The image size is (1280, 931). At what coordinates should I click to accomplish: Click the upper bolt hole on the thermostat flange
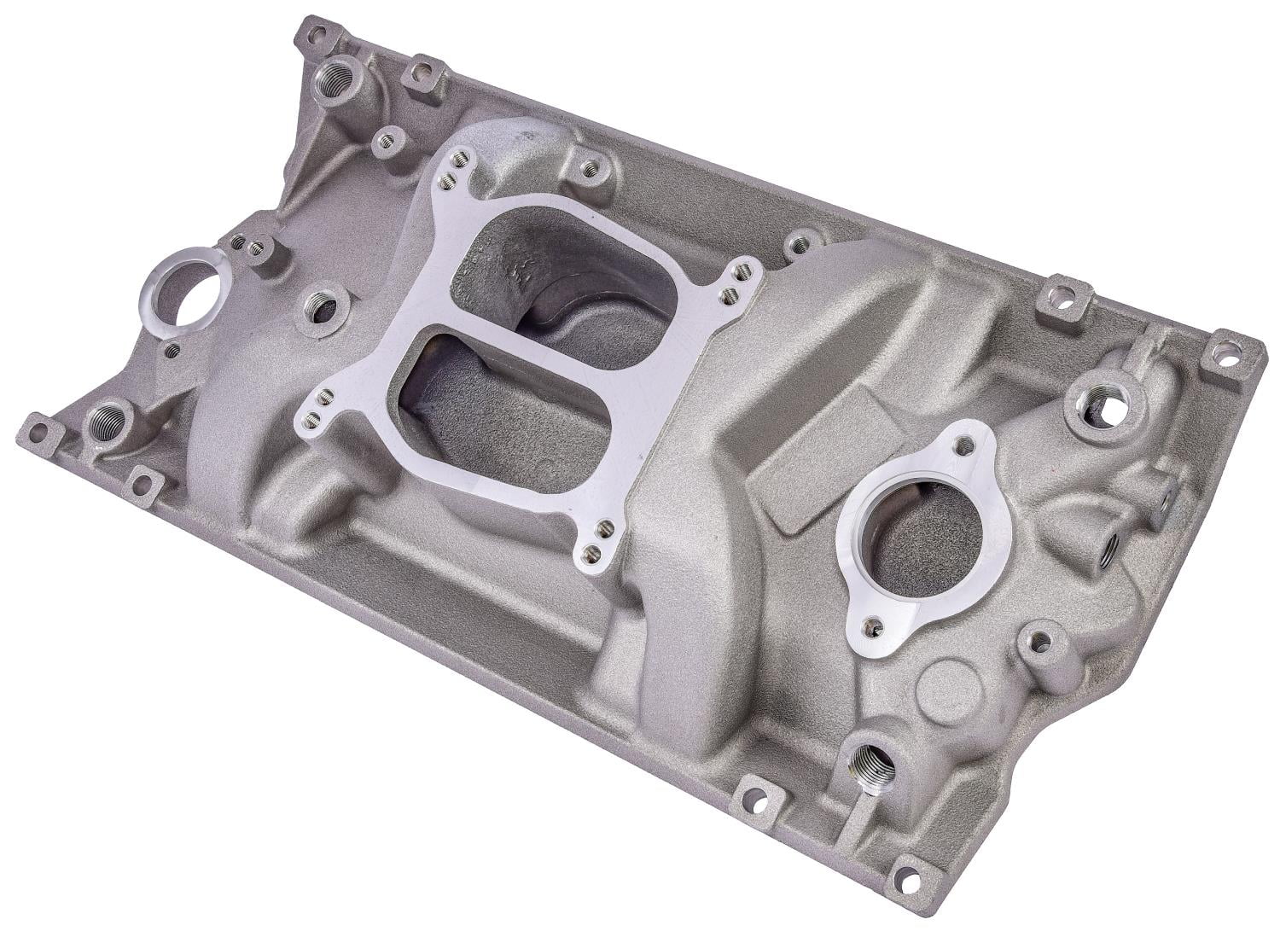pos(965,444)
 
